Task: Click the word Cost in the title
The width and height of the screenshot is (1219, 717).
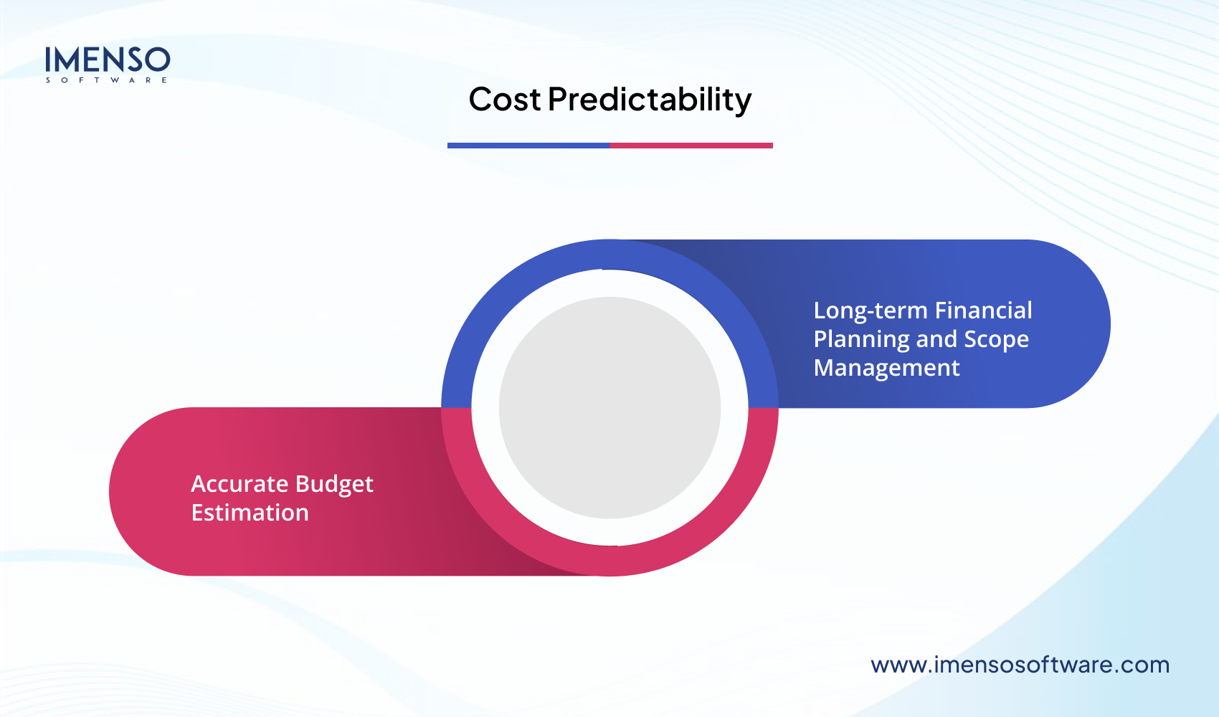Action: pos(504,100)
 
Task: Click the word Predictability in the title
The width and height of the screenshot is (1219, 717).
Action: pos(650,100)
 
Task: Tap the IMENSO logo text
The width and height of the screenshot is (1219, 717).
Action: pos(108,60)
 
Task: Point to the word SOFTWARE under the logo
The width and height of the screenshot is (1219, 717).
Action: pos(107,80)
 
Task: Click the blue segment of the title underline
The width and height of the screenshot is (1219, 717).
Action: pos(528,146)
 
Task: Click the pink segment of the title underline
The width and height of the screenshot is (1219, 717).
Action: pos(691,146)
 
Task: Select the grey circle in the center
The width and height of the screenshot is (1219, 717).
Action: pos(609,407)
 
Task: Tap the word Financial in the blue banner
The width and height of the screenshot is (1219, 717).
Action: pos(984,310)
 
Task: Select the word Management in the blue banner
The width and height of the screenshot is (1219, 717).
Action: pos(886,368)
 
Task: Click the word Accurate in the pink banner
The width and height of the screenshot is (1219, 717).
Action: pos(239,484)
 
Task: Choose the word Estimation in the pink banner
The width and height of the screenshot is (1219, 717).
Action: pos(250,513)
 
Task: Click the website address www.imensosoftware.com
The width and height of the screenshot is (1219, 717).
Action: pos(1020,665)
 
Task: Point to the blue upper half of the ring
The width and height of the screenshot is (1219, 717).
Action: pos(609,255)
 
